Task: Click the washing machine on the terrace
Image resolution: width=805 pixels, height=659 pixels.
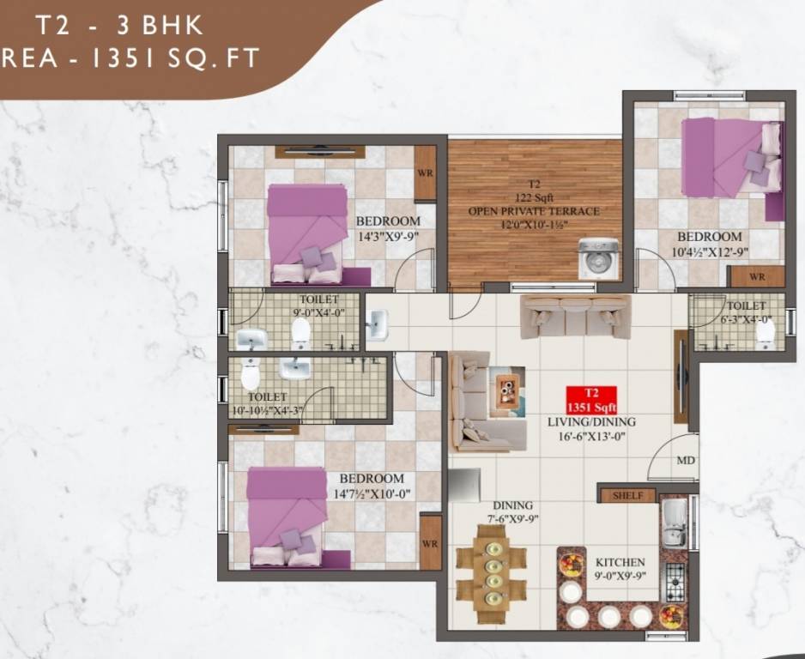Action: click(598, 258)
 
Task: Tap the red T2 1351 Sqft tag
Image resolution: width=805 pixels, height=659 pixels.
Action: click(590, 400)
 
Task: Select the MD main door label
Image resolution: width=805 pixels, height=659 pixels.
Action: click(685, 462)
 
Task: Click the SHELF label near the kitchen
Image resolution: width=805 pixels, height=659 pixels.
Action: click(627, 496)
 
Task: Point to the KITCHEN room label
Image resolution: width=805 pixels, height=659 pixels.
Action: click(621, 563)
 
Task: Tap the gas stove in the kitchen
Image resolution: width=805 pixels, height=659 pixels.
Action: click(675, 581)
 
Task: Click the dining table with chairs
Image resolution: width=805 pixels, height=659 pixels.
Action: click(492, 566)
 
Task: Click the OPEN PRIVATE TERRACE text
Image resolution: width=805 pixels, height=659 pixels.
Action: click(534, 211)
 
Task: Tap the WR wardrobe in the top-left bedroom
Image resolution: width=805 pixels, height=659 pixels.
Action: click(425, 172)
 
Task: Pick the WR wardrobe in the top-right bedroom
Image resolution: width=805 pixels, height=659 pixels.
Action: click(756, 277)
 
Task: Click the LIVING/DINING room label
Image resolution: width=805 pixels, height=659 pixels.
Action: click(591, 422)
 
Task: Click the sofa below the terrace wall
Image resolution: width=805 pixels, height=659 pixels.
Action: click(575, 316)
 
